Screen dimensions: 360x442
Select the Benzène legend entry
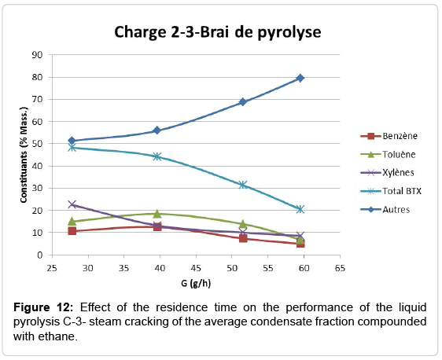[x=378, y=136]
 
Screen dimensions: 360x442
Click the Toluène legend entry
[x=378, y=155]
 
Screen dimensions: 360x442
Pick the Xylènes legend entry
[x=378, y=173]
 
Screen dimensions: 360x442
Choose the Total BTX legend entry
[x=381, y=192]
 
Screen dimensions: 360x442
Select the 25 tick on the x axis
[x=51, y=267]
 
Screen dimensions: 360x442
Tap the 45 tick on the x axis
[x=194, y=267]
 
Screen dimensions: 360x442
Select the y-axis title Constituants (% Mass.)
[x=23, y=155]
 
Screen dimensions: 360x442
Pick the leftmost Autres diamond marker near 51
[x=72, y=141]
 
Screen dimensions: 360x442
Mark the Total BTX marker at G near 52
[x=243, y=185]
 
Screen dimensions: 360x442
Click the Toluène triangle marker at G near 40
[x=157, y=214]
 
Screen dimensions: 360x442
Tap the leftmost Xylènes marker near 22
[x=72, y=204]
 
